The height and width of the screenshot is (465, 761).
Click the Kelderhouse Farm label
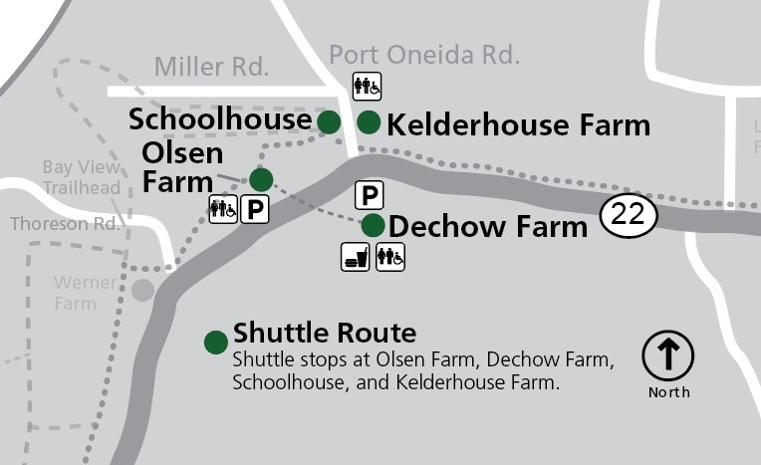[518, 125]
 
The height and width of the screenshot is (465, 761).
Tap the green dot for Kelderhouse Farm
[369, 122]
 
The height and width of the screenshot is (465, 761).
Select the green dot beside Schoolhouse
[329, 121]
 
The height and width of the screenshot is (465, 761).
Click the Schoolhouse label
[220, 119]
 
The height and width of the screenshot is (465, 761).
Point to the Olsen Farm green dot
[261, 179]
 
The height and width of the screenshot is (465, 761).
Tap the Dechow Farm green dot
[373, 225]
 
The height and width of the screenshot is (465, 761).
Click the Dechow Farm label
[488, 227]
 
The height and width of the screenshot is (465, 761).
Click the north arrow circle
[667, 355]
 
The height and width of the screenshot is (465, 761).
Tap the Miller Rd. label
[211, 68]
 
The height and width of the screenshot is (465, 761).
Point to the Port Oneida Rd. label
[424, 55]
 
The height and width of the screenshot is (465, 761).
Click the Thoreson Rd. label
[64, 224]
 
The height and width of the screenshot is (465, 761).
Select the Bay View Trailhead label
[82, 177]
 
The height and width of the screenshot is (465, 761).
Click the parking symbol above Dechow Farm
[369, 195]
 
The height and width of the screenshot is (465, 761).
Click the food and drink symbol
[356, 257]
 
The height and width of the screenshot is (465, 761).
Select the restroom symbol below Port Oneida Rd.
[367, 87]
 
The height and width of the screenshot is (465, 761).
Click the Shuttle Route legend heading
[325, 333]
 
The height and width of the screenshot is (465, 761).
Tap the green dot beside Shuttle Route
[216, 343]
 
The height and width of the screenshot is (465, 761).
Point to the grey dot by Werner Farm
[143, 290]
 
